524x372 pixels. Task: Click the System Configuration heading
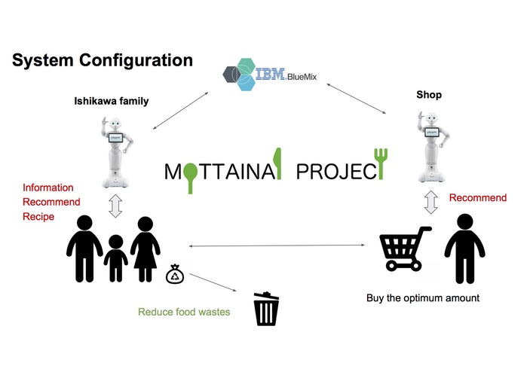102,60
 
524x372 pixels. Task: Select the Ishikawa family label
111,101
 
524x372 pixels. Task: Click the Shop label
428,95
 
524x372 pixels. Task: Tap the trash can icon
265,309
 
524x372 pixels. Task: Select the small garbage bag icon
174,274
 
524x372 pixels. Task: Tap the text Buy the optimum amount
422,298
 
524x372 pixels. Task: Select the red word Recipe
38,217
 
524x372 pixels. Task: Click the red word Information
47,188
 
